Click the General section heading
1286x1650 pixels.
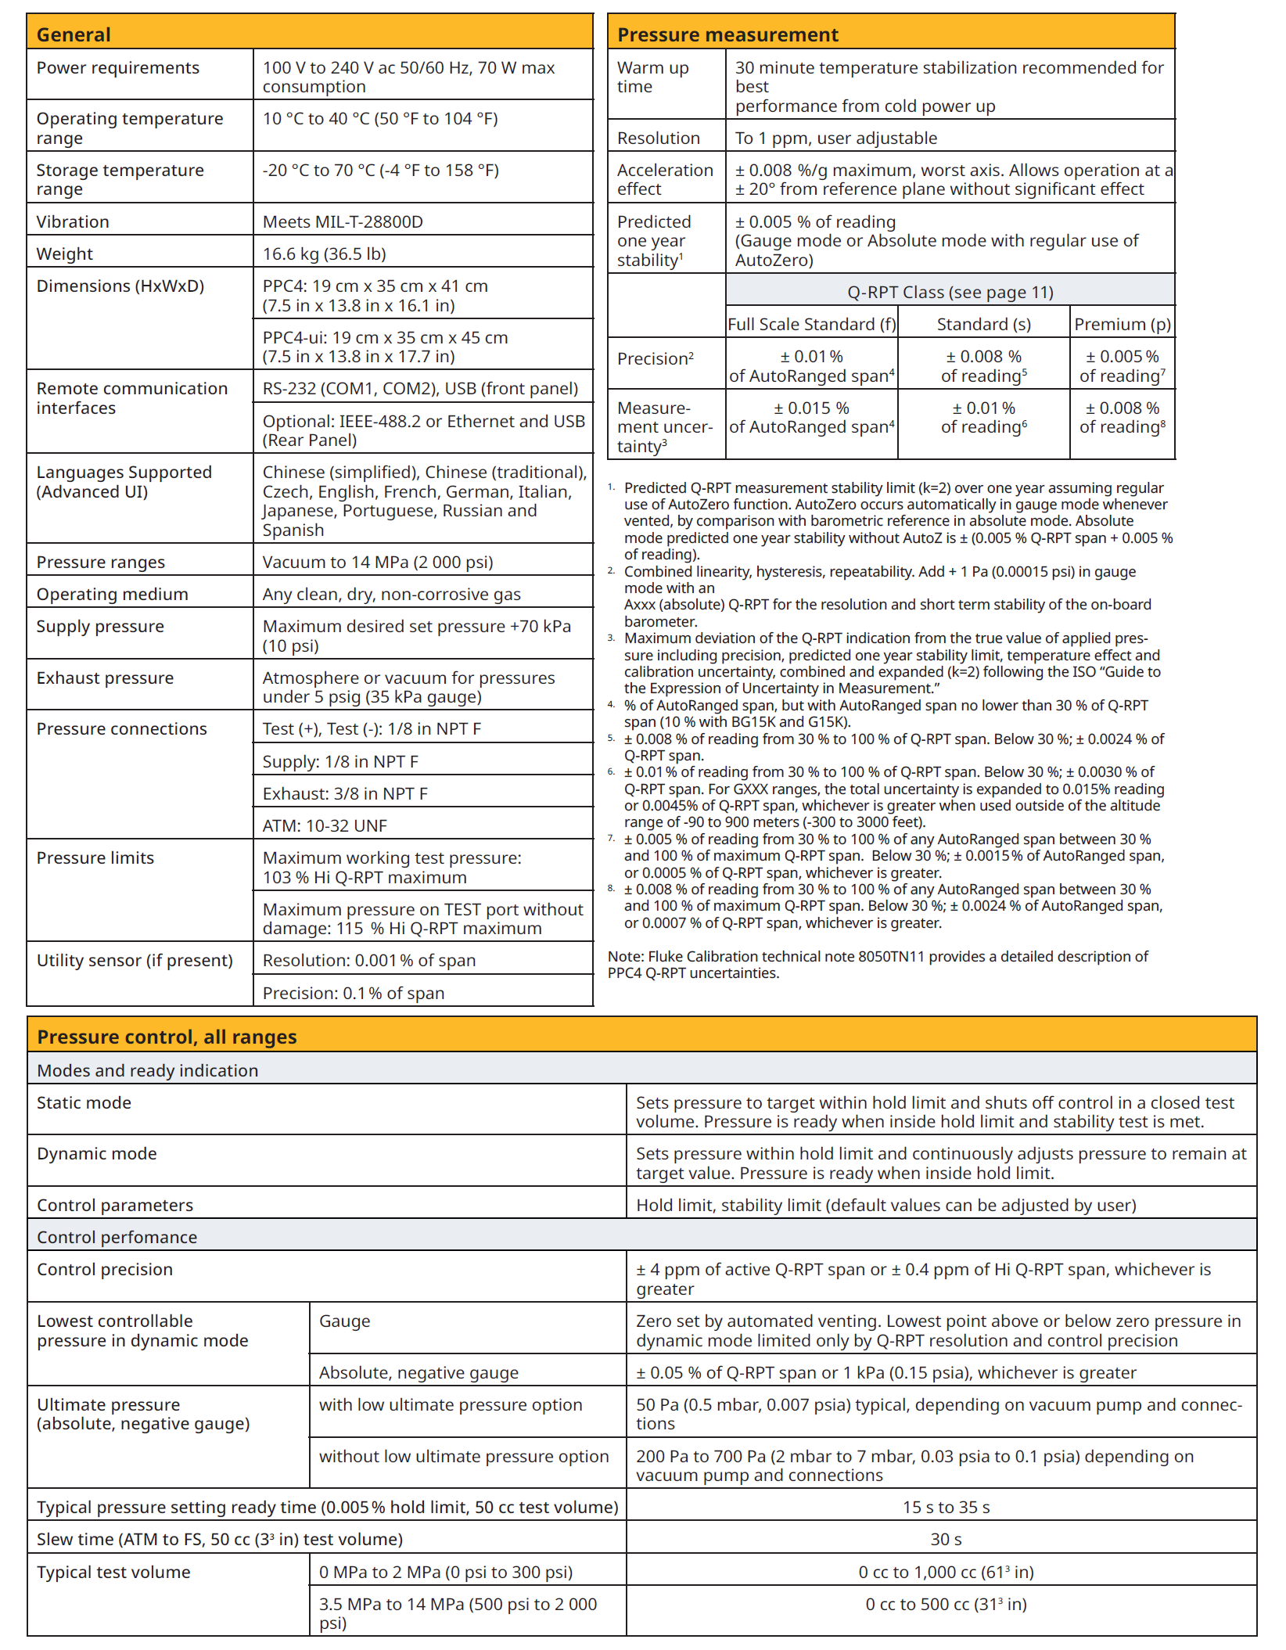pos(74,34)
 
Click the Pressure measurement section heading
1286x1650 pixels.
pos(727,34)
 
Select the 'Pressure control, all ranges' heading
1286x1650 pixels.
pos(167,1037)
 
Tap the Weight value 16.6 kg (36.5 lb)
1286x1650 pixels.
pos(325,254)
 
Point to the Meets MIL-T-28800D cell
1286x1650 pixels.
pos(343,222)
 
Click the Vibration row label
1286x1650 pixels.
pos(73,222)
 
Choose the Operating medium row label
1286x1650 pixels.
pos(112,595)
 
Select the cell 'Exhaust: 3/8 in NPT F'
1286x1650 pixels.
pos(345,794)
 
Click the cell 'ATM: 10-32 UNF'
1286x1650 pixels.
pos(325,826)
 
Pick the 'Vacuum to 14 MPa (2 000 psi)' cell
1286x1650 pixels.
pos(378,563)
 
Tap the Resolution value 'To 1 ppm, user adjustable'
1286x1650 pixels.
pos(835,138)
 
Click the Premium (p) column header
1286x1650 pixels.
pos(1123,325)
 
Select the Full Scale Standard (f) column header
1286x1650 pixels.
pos(812,325)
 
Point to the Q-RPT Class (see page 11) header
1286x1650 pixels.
pos(950,293)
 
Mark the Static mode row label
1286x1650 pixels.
pos(84,1103)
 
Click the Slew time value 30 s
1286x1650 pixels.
pos(946,1540)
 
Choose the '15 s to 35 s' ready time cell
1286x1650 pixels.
pos(946,1508)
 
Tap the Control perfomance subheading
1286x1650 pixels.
pos(117,1238)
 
